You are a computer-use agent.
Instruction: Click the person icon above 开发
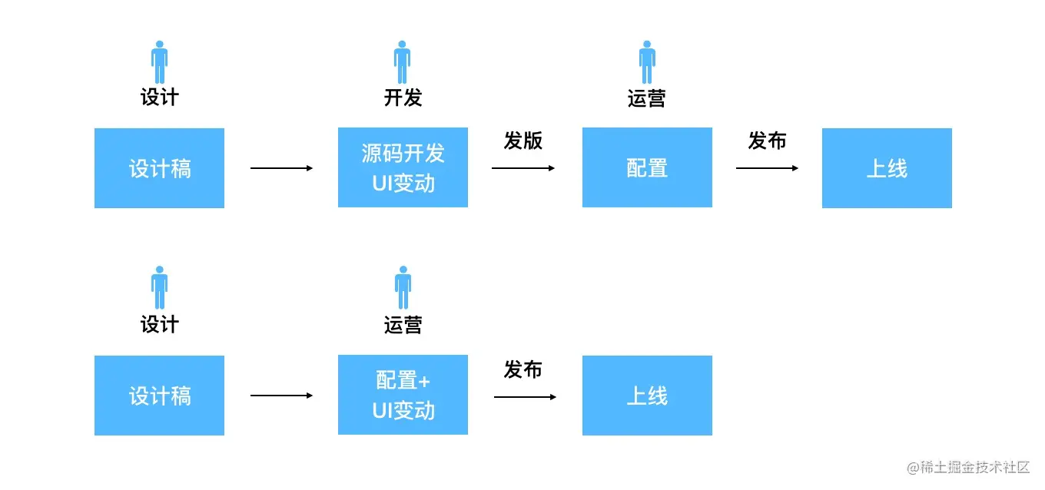403,62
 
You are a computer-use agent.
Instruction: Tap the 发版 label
523,141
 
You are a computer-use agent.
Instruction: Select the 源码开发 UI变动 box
403,167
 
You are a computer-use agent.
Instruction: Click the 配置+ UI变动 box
403,395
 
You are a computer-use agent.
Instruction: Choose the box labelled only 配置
647,167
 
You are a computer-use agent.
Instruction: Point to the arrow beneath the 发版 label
523,167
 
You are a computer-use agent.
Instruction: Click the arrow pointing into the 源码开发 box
281,167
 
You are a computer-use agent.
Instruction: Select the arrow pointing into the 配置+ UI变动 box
281,396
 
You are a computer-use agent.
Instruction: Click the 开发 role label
403,98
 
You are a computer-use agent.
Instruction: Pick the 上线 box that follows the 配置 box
887,167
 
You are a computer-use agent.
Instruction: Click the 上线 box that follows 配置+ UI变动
647,396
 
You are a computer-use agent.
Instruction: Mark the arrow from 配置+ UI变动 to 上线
525,396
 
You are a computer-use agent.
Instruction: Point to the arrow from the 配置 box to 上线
767,167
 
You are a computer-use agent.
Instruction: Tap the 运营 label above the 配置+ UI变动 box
403,325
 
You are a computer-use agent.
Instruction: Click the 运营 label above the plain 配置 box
647,98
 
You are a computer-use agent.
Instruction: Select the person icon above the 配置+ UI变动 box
403,288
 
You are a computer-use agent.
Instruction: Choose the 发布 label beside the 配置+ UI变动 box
523,369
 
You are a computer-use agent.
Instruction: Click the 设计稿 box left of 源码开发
159,167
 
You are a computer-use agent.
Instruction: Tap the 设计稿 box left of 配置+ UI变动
159,396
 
